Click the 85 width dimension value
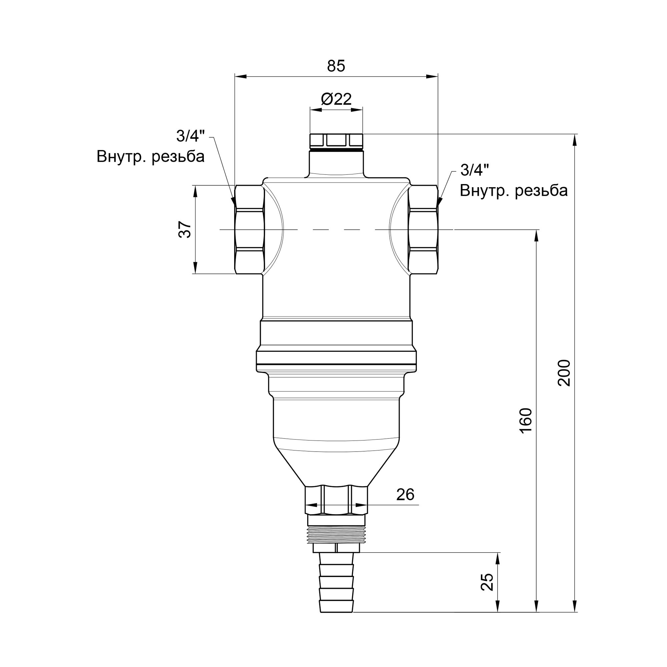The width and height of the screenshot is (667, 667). [x=336, y=66]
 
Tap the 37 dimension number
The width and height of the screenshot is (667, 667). [x=185, y=229]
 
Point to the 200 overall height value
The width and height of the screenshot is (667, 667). [x=565, y=373]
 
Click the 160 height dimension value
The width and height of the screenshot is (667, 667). [x=526, y=421]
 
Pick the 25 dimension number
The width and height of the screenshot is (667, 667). [x=487, y=582]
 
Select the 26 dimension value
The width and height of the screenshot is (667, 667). [x=405, y=495]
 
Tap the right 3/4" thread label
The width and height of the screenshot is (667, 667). [x=475, y=170]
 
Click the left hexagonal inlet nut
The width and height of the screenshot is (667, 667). [x=249, y=229]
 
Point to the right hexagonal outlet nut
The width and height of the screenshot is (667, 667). [x=423, y=229]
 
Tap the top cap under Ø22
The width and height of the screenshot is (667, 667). [x=336, y=141]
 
